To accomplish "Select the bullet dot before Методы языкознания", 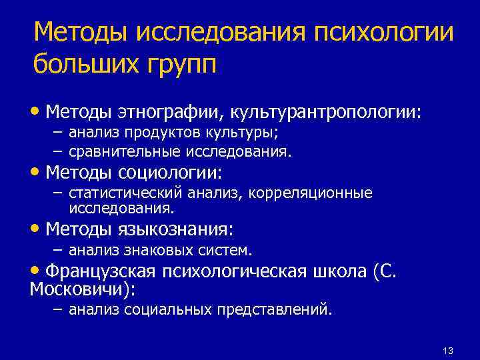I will click(37, 229).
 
